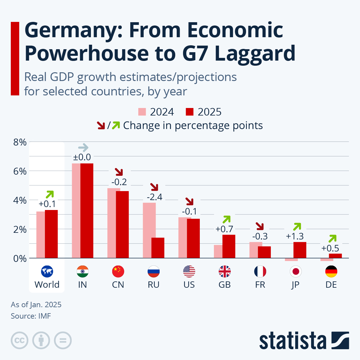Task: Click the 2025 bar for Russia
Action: (x=158, y=248)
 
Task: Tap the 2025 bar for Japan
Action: (x=300, y=250)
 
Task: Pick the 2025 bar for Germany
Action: (x=335, y=256)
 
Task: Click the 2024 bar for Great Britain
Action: (x=218, y=251)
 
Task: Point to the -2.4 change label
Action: (x=154, y=197)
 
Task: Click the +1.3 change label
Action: (x=295, y=236)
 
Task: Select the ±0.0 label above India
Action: (x=82, y=157)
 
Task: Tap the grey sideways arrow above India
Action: (x=83, y=147)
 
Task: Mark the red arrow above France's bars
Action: (x=259, y=226)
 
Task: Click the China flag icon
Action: (x=118, y=271)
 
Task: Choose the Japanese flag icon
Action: (x=295, y=271)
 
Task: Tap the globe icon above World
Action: (x=47, y=271)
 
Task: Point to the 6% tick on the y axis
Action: (x=20, y=171)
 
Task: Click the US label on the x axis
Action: (x=189, y=285)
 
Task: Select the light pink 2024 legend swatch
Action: (x=142, y=112)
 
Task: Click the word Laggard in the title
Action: (x=255, y=53)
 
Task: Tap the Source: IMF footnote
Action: (x=31, y=316)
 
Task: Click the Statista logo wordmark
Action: (x=292, y=341)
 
